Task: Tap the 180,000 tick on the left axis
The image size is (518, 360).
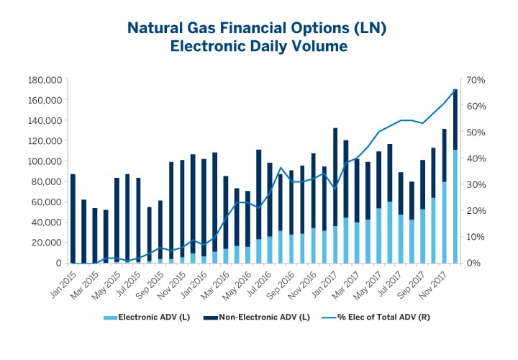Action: [45, 79]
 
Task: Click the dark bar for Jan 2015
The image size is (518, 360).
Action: [73, 216]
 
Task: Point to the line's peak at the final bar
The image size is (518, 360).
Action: [455, 89]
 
